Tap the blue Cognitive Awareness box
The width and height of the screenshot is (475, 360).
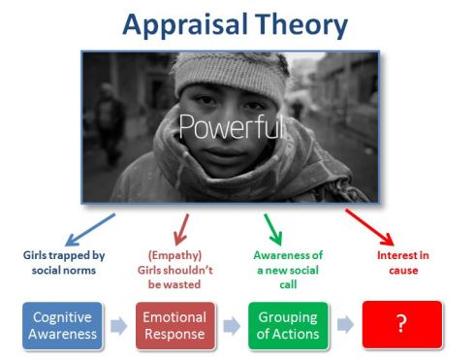click(x=63, y=324)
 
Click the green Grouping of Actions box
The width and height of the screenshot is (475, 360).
click(x=288, y=324)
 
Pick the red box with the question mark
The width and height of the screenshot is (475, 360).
click(x=401, y=324)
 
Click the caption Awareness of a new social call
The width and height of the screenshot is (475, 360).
click(x=287, y=271)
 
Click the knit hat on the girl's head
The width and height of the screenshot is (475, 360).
click(x=232, y=73)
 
